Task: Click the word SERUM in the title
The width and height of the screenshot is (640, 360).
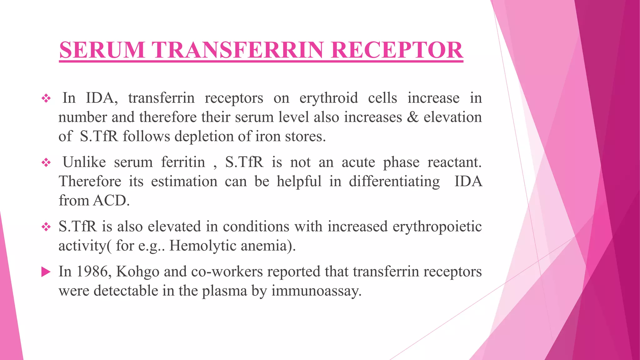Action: [102, 50]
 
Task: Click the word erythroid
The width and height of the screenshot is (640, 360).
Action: [328, 98]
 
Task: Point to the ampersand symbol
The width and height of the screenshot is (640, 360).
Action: [413, 117]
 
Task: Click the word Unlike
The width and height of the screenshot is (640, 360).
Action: [84, 162]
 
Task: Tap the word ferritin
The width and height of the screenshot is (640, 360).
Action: [183, 162]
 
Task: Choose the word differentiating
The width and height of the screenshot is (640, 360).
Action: [394, 182]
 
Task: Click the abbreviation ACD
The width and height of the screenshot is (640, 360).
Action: [111, 201]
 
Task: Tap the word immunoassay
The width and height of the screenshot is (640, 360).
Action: [316, 291]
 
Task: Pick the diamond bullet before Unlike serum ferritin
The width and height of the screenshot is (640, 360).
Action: [46, 162]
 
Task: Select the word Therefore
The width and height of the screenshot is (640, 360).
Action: [90, 182]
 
